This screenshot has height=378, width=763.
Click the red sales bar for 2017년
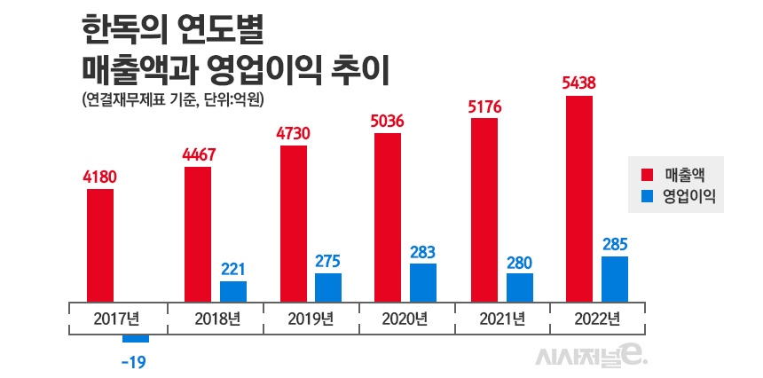(100, 245)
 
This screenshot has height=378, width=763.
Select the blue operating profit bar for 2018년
(233, 292)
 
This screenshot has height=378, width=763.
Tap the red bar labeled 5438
(578, 198)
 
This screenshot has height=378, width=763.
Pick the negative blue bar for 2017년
(136, 338)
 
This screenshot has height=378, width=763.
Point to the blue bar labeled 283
(423, 283)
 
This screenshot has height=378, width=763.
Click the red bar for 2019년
(293, 224)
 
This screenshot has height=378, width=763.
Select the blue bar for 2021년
(520, 287)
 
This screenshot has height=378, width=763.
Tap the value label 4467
(199, 154)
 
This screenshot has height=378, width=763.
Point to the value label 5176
(484, 106)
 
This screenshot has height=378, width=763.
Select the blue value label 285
(615, 242)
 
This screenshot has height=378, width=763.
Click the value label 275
(327, 261)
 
